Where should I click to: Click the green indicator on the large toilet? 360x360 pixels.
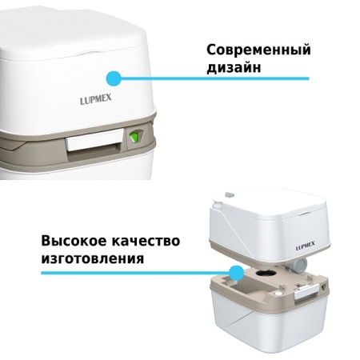[x=134, y=138]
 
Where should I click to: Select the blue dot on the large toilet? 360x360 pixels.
[x=114, y=78]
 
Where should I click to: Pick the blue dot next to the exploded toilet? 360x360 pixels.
[x=236, y=273]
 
